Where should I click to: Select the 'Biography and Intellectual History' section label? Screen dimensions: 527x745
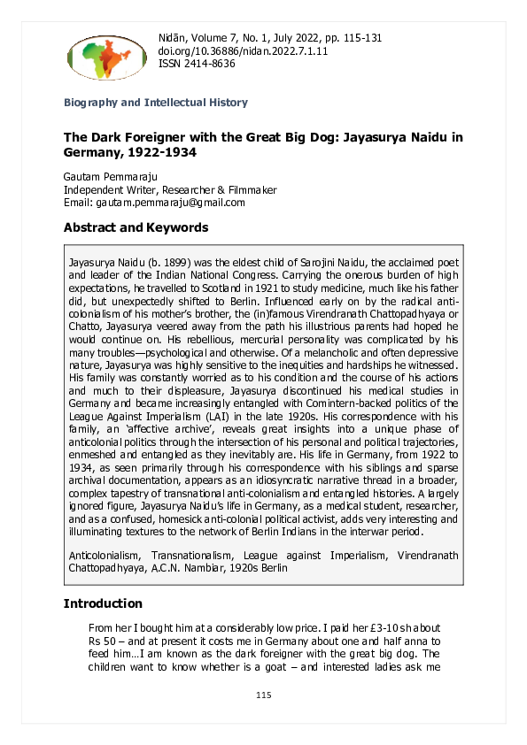156,103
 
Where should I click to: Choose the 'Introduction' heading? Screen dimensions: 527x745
103,603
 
